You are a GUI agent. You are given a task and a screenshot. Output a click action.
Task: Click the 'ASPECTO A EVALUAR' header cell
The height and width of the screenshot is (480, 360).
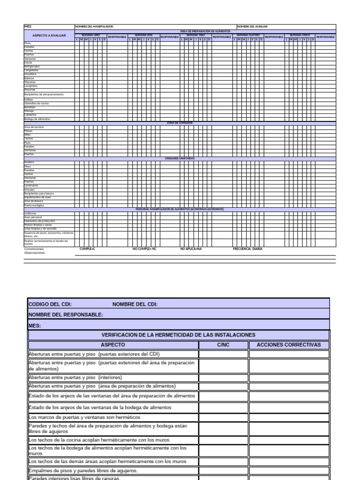[49, 36]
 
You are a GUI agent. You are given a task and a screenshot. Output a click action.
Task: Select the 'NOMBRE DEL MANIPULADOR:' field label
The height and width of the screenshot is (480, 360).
[94, 27]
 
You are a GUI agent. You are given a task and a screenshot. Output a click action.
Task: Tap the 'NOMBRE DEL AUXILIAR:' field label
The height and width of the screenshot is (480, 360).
[252, 27]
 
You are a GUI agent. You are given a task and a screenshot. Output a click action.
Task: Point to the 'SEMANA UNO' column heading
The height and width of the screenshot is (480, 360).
[91, 35]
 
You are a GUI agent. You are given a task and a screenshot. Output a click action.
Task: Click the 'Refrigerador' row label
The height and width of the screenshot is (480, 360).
[32, 67]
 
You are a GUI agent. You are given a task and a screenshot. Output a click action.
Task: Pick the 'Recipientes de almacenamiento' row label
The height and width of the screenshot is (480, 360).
[44, 95]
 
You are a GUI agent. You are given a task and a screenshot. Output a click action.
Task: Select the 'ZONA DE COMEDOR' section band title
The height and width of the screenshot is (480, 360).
[180, 123]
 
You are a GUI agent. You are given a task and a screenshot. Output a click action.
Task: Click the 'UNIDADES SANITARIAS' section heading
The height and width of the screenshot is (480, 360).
[180, 158]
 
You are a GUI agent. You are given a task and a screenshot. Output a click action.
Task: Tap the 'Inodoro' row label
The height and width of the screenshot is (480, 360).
[29, 162]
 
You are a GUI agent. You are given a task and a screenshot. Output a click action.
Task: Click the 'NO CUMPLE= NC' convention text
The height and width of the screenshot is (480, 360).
[144, 249]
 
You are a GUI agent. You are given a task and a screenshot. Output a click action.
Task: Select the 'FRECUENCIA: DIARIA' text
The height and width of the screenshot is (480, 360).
[247, 249]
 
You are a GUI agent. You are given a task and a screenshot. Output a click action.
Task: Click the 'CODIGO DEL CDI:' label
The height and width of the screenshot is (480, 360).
[50, 304]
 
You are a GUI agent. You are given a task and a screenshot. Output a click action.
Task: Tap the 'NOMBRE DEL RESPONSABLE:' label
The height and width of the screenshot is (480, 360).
[66, 315]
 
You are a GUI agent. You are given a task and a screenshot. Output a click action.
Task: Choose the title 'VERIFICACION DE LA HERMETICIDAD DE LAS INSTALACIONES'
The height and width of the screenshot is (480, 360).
[179, 335]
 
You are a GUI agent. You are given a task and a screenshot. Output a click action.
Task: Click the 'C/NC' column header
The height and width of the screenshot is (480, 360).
[224, 345]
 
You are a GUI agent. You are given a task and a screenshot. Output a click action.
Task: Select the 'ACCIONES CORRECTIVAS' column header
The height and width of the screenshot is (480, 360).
[289, 345]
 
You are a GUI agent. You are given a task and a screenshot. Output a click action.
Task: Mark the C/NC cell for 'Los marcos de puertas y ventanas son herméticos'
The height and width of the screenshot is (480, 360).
[224, 417]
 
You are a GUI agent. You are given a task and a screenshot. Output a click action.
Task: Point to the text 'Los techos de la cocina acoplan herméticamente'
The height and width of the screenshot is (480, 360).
[99, 440]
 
